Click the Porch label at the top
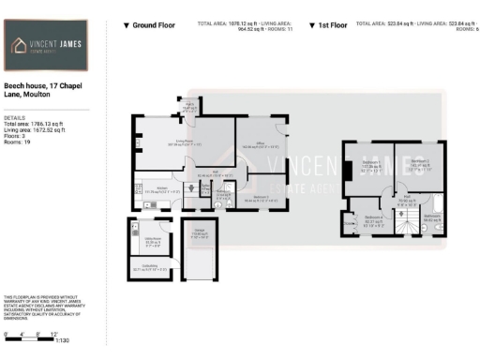[x=187, y=107]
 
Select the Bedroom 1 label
[x=369, y=168]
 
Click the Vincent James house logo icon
[x=22, y=46]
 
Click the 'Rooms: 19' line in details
[x=18, y=141]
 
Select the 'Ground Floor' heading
[x=149, y=26]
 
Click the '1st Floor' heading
[x=333, y=26]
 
